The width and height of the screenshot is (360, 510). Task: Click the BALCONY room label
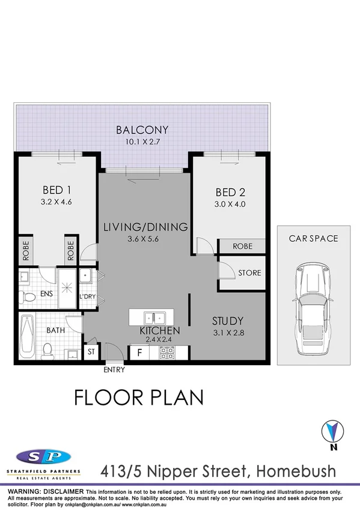click(x=142, y=130)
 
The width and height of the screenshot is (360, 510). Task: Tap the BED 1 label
click(x=58, y=191)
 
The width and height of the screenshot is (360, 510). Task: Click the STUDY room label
click(x=228, y=320)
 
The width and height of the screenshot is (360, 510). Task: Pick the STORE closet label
click(x=249, y=273)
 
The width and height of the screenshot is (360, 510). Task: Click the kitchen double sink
click(x=151, y=317)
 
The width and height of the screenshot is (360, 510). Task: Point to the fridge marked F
click(x=139, y=352)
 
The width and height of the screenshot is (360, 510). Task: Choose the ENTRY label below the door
click(x=114, y=370)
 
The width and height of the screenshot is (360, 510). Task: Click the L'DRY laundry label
click(x=88, y=297)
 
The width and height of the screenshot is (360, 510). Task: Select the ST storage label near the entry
click(x=92, y=352)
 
